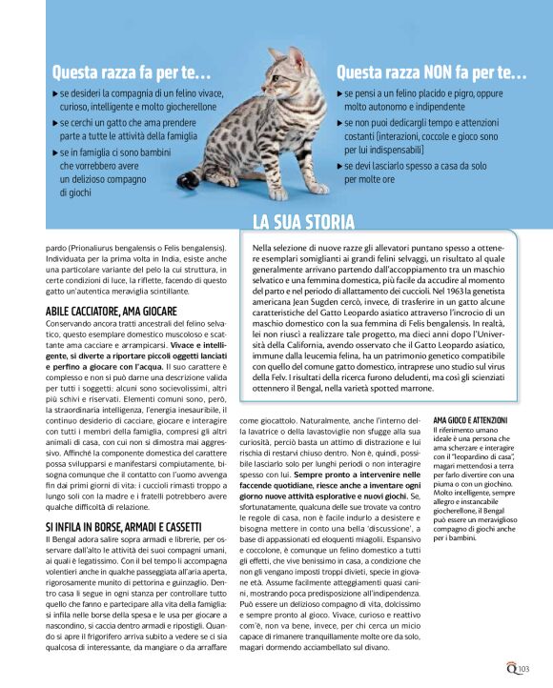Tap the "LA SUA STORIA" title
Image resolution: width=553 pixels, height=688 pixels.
coord(303,224)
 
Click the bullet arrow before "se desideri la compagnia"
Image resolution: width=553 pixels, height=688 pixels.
coord(54,96)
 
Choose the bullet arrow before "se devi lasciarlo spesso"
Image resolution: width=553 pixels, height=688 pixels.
coord(340,166)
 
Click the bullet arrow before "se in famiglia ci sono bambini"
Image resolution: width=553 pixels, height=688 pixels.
coord(54,152)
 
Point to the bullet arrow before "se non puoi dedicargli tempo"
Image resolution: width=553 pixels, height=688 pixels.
coord(340,125)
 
